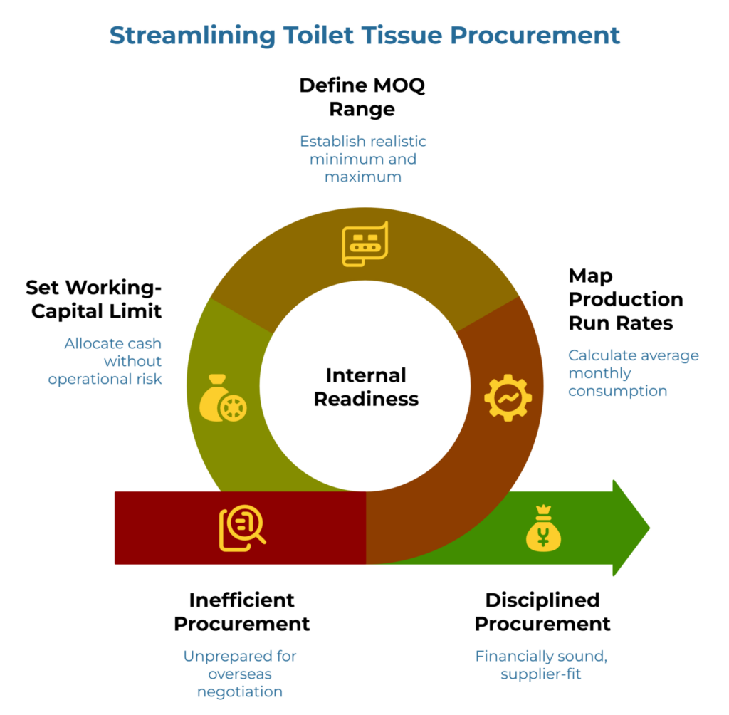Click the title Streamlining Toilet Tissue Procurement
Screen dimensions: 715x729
tap(364, 35)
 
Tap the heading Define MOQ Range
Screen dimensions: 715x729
tap(362, 98)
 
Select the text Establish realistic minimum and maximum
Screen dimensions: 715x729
tap(363, 158)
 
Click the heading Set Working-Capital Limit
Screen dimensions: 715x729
tap(93, 299)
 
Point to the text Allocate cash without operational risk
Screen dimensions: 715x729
tap(105, 361)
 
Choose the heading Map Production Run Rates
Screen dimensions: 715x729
tap(625, 299)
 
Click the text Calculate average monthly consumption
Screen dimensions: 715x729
tap(633, 372)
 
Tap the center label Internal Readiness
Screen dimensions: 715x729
tap(366, 387)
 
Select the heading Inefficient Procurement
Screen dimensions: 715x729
tap(241, 612)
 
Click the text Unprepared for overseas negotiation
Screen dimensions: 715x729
tap(240, 673)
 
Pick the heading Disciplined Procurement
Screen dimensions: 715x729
tap(542, 612)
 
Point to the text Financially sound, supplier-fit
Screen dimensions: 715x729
tap(541, 664)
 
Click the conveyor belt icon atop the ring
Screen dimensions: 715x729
tap(364, 244)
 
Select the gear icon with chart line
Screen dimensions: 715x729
tap(508, 398)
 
